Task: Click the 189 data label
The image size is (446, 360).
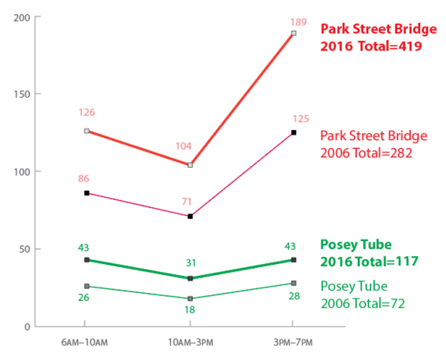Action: pos(293,19)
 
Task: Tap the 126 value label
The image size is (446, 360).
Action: pos(86,113)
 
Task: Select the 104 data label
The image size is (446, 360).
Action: pos(189,147)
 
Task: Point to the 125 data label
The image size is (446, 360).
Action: pos(293,118)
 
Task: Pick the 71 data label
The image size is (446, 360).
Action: pos(189,202)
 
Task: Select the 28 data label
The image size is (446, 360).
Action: pos(293,296)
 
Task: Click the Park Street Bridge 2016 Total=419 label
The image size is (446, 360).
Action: pos(377,38)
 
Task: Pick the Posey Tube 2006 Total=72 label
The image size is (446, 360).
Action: pos(366,294)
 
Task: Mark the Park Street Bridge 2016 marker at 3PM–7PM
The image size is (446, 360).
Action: pos(293,33)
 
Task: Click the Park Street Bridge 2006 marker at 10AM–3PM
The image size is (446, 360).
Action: pos(189,216)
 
